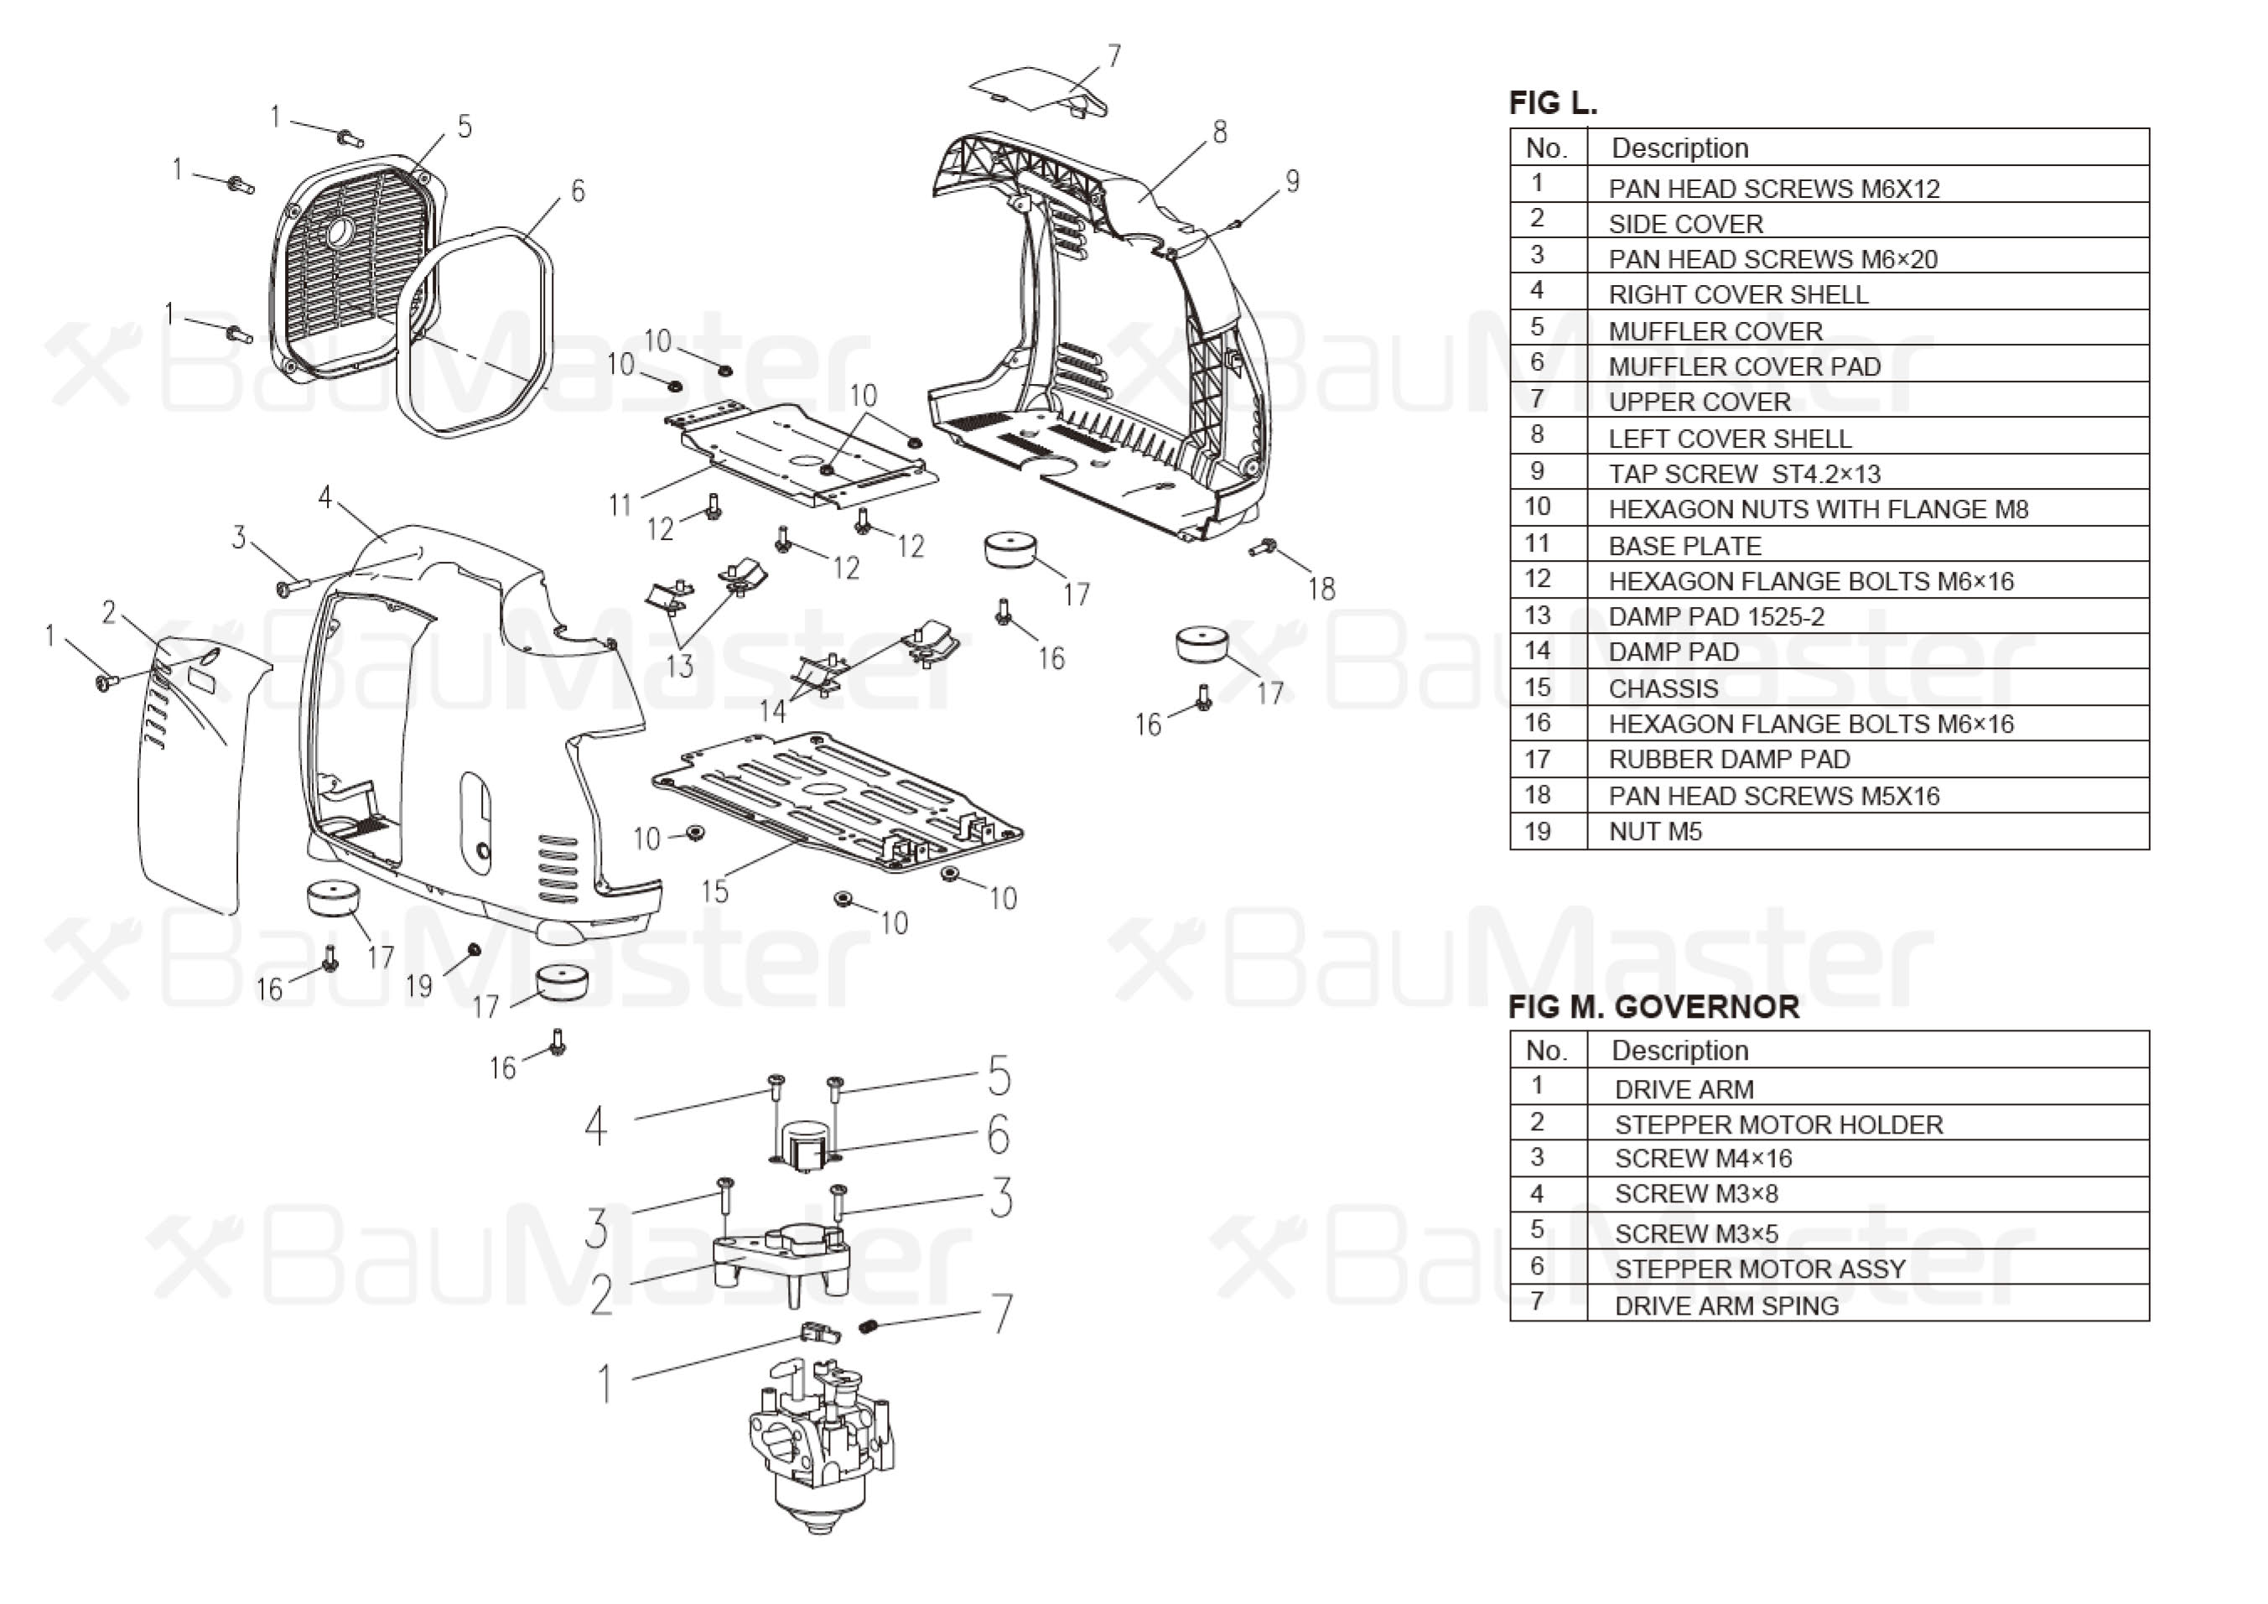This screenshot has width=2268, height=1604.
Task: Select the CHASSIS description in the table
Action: click(x=1663, y=688)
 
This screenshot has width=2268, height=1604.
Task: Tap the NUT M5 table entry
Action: click(x=1656, y=832)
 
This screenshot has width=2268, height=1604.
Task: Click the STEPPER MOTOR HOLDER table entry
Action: click(x=1778, y=1124)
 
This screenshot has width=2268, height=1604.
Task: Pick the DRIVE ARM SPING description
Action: click(x=1726, y=1306)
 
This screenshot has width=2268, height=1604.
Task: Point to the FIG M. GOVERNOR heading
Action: click(x=1653, y=1008)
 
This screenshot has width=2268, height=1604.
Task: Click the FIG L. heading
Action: click(x=1553, y=103)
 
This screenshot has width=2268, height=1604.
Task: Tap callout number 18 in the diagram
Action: click(x=1321, y=589)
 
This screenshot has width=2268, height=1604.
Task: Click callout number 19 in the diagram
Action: click(x=419, y=986)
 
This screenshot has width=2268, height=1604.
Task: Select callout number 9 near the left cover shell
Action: click(x=1292, y=181)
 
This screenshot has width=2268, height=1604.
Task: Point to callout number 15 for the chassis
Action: click(x=714, y=891)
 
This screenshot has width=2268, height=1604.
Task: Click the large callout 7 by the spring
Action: click(x=1002, y=1314)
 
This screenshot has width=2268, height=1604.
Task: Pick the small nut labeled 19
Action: click(x=473, y=949)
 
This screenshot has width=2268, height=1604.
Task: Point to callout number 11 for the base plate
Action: click(x=620, y=505)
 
